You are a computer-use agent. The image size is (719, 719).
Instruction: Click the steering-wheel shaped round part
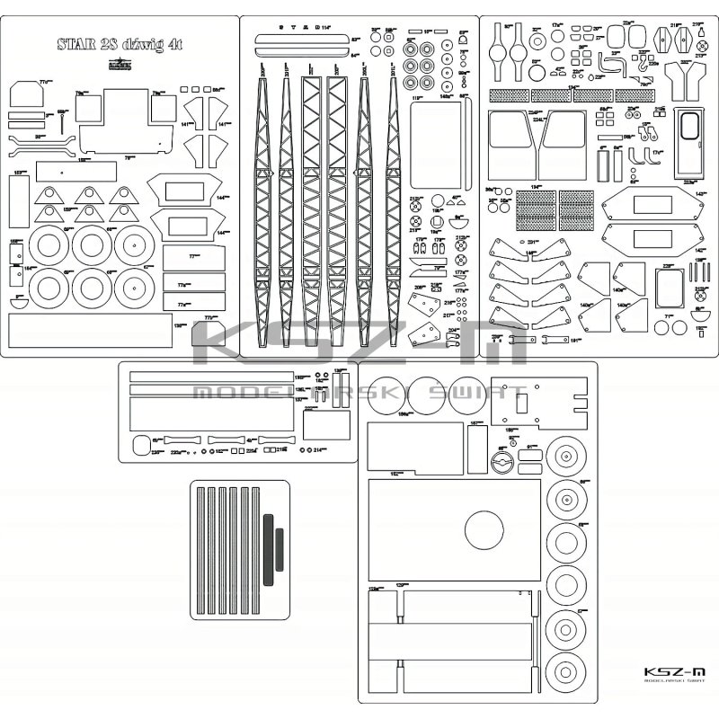point(502,463)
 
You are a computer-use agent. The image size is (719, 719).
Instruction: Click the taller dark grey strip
point(268,548)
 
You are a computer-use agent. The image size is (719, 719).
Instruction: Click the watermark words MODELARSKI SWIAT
point(359,393)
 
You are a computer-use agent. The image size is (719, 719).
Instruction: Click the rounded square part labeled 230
point(141,447)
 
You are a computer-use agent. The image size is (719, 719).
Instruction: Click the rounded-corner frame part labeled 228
point(670,288)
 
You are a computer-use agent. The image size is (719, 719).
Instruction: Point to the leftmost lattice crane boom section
point(262,211)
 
